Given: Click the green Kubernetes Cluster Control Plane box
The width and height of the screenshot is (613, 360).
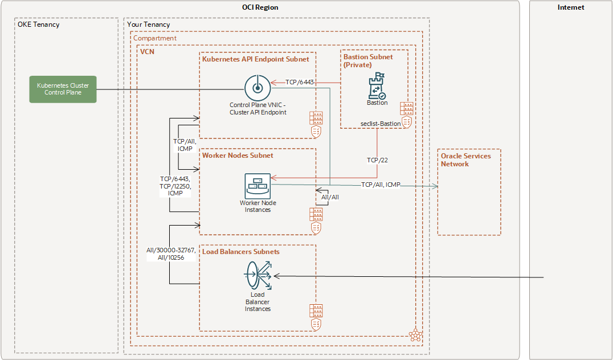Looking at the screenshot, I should click(63, 89).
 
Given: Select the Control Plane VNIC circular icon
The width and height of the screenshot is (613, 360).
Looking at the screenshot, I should click(258, 88).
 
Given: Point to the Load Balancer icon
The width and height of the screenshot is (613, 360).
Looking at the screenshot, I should click(258, 276).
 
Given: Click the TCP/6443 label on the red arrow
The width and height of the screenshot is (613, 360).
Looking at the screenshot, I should click(300, 82).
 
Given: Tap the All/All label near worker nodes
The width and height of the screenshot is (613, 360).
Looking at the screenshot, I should click(330, 197).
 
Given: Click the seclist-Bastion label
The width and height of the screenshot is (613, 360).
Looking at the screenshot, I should click(381, 124).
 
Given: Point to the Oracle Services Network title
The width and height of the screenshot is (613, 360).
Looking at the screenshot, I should click(465, 160).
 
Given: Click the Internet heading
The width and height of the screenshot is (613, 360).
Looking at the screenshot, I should click(571, 7).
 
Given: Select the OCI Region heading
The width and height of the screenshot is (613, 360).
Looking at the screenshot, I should click(260, 7).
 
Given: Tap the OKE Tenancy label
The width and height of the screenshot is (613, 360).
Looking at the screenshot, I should click(39, 24).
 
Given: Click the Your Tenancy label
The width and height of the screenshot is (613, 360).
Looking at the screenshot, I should click(148, 24).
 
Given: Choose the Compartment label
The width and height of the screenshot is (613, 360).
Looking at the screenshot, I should click(154, 38).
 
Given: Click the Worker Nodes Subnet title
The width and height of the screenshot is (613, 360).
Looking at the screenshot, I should click(238, 156).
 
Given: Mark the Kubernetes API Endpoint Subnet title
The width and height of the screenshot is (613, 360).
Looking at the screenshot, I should click(256, 59).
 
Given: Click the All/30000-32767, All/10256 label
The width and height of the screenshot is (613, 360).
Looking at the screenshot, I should click(171, 254).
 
